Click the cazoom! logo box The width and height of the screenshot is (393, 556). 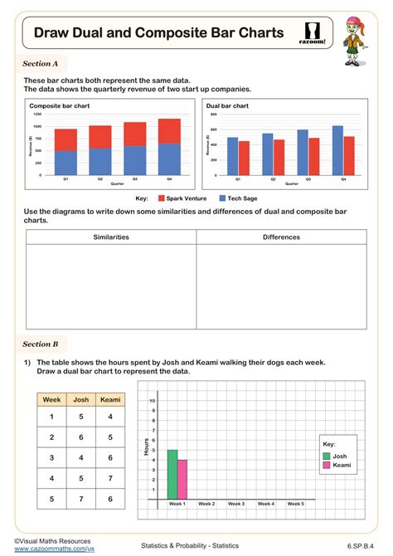tap(316, 34)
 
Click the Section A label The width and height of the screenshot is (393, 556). tap(41, 63)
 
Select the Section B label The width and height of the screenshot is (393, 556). tap(41, 344)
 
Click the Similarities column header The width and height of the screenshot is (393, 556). tap(111, 237)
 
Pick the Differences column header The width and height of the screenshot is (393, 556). tap(281, 237)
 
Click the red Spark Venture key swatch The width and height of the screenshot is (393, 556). tap(159, 199)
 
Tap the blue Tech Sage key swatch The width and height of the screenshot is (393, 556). tap(222, 199)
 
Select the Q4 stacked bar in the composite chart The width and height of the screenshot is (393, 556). tap(169, 147)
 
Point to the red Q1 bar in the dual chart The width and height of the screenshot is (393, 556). tap(244, 158)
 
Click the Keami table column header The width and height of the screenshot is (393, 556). tap(110, 400)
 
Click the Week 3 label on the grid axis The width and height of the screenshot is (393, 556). tap(236, 504)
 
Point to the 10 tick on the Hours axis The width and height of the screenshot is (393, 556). tap(152, 401)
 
